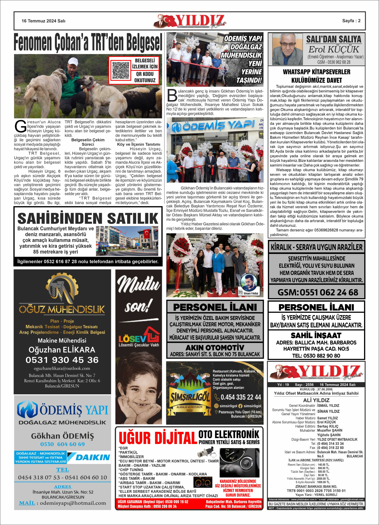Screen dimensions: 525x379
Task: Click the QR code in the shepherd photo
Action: pyautogui.click(x=121, y=70)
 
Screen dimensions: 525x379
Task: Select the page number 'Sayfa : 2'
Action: pyautogui.click(x=351, y=21)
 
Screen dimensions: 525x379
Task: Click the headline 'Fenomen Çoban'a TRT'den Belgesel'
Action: pyautogui.click(x=88, y=42)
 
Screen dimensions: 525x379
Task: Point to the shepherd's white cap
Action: pyautogui.click(x=73, y=61)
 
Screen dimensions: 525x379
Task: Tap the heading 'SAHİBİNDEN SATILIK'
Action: pyautogui.click(x=88, y=219)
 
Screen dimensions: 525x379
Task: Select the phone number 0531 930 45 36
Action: pyautogui.click(x=62, y=360)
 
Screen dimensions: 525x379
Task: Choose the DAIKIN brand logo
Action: pyautogui.click(x=89, y=457)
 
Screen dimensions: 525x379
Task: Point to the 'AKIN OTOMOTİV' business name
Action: pyautogui.click(x=215, y=347)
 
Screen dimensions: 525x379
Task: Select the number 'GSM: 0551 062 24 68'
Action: pyautogui.click(x=317, y=292)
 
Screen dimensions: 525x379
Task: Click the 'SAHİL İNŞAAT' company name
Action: pyautogui.click(x=316, y=335)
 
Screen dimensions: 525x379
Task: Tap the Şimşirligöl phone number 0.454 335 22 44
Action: pyautogui.click(x=241, y=397)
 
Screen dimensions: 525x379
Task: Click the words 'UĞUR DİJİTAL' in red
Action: pyautogui.click(x=158, y=438)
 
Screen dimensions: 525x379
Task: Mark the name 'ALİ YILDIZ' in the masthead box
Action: pyautogui.click(x=316, y=400)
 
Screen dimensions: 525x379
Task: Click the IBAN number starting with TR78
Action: pyautogui.click(x=316, y=491)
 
